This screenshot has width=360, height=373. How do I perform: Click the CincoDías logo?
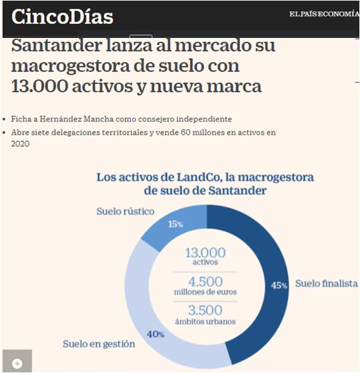tap(63, 16)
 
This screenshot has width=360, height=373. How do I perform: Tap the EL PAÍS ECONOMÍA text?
tap(324, 14)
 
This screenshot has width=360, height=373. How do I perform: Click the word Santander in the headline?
tap(57, 45)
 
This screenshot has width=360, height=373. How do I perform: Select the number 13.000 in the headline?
tap(40, 86)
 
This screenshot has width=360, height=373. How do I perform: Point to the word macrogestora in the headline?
tap(71, 66)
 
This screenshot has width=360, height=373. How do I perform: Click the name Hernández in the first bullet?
tap(61, 119)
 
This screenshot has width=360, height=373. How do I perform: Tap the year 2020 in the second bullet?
tap(20, 144)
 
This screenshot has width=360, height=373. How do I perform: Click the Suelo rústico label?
tap(125, 211)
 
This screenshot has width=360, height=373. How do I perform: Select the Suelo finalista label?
tap(327, 283)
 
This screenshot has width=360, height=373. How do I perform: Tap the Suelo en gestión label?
tap(99, 344)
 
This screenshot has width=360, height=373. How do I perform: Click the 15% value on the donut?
tap(176, 224)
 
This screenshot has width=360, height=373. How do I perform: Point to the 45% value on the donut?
tap(279, 285)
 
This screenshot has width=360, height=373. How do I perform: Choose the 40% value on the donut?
tap(155, 334)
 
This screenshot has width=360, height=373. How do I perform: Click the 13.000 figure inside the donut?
tap(205, 253)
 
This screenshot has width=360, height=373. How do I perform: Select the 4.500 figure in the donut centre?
tap(205, 282)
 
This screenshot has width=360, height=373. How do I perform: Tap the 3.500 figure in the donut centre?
tap(205, 310)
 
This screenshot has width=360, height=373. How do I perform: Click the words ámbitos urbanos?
tap(205, 322)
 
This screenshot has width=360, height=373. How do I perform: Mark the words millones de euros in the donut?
tap(205, 292)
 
